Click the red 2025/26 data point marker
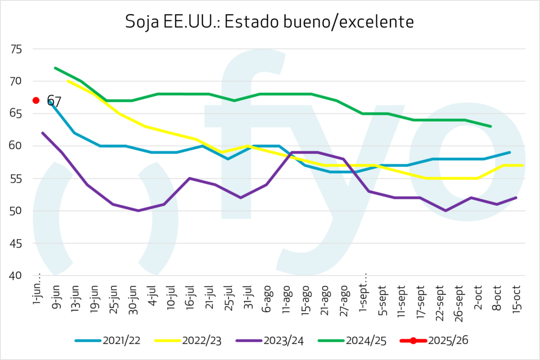pos(36,100)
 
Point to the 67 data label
pos(54,101)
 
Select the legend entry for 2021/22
pos(108,340)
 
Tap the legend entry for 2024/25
pos(351,340)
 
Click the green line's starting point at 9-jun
pos(55,68)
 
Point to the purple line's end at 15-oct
pos(516,198)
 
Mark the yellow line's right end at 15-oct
pos(522,166)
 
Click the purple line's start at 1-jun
pos(42,133)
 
